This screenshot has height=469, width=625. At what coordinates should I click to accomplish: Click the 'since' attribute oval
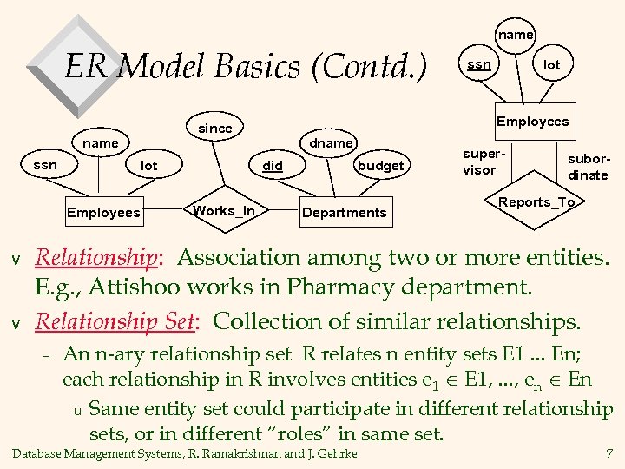point(215,128)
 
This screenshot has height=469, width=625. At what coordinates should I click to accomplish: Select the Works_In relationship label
point(224,211)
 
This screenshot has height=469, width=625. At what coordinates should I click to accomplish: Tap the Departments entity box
point(345,212)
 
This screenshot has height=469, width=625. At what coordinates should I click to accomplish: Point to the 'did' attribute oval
point(274,165)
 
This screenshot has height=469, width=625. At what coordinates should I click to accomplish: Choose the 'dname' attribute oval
point(332,142)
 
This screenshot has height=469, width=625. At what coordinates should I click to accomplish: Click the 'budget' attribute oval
point(380,165)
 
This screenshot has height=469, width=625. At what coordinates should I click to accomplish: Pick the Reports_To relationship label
point(536,202)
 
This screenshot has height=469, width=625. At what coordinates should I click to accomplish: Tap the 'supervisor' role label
point(479,161)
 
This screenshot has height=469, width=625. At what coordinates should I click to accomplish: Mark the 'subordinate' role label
point(588,167)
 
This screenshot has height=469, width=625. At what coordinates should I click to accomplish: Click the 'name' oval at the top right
point(516,35)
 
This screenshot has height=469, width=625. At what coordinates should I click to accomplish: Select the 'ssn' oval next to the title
point(478,65)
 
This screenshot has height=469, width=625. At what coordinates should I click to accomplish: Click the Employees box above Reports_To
point(532,122)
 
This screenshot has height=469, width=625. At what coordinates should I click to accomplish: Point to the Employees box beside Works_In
point(103,212)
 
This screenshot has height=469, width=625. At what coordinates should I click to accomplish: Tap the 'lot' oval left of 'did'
point(149,165)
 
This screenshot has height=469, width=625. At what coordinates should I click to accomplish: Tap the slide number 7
point(609,453)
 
